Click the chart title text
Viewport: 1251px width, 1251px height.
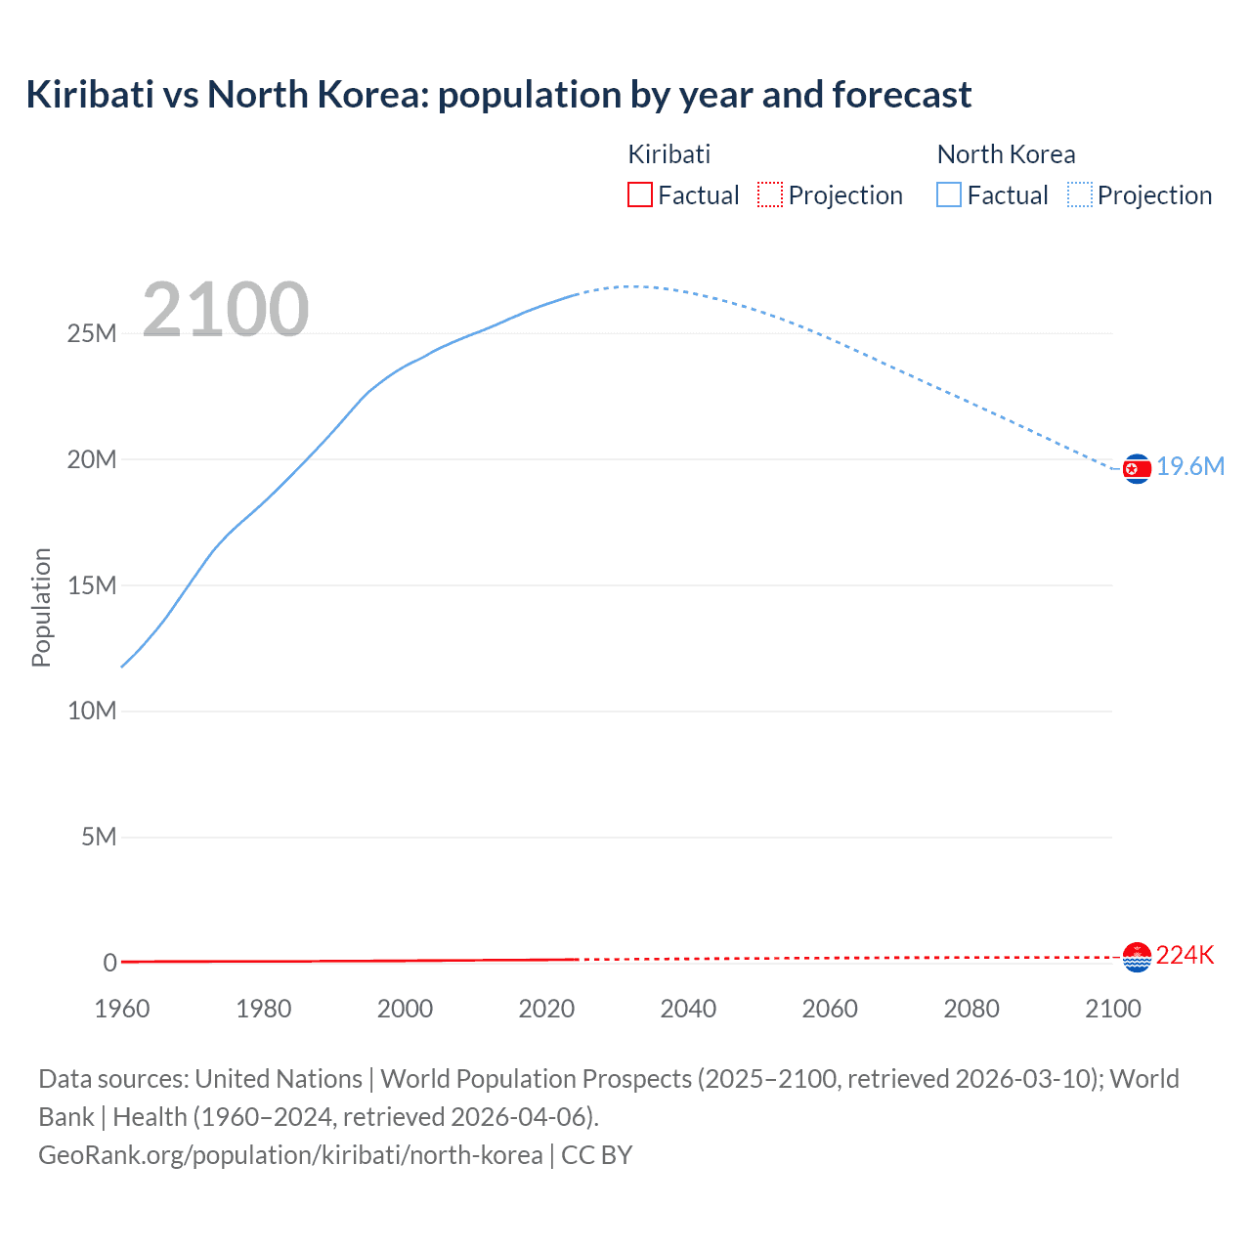click(x=498, y=95)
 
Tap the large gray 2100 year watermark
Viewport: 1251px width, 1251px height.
click(x=226, y=310)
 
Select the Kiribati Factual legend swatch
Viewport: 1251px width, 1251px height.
click(x=639, y=195)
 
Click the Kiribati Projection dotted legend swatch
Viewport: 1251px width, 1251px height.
click(x=770, y=195)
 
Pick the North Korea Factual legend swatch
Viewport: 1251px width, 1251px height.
click(x=949, y=195)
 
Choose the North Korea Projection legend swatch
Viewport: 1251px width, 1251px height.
click(x=1080, y=195)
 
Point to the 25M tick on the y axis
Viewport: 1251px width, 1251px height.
click(x=92, y=334)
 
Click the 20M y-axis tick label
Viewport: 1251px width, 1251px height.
click(x=92, y=460)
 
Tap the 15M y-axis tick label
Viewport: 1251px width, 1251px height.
click(x=92, y=586)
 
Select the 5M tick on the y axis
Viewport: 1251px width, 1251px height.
click(x=99, y=838)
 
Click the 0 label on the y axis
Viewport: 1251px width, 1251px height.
click(x=109, y=964)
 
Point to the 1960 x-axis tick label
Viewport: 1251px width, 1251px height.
click(x=122, y=1009)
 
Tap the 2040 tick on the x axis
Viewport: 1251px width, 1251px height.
click(x=688, y=1009)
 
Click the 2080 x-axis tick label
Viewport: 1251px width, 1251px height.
click(x=971, y=1009)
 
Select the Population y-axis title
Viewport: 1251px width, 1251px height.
click(x=41, y=607)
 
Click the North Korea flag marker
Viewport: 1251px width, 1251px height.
click(x=1137, y=469)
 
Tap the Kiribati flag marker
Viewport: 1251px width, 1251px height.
click(x=1137, y=958)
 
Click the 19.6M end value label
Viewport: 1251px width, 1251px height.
click(x=1190, y=467)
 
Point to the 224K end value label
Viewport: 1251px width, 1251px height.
click(x=1185, y=956)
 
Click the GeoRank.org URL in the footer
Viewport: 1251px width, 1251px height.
click(x=290, y=1155)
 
